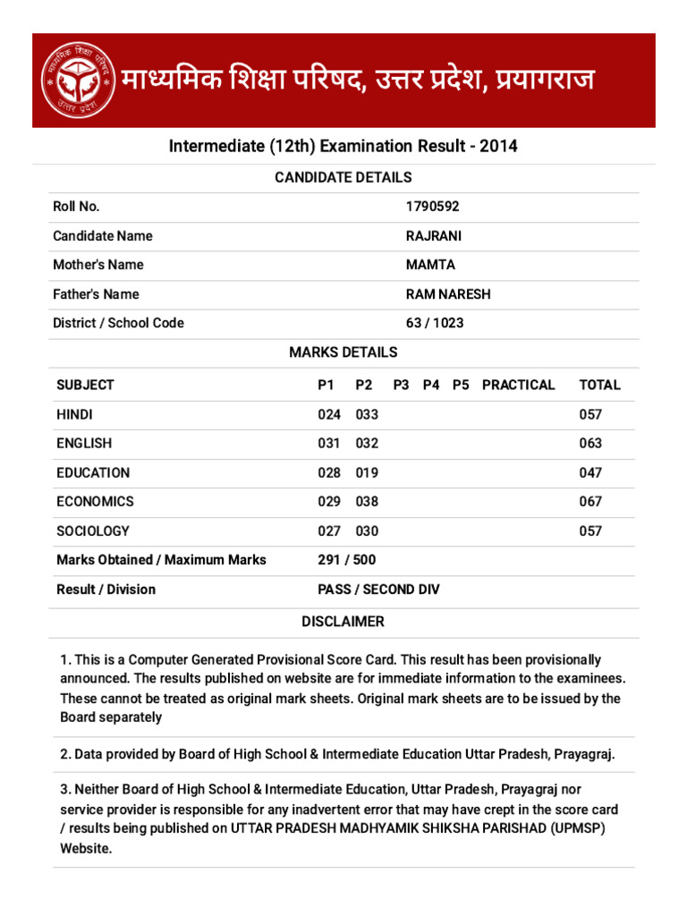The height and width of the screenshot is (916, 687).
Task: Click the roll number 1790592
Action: [432, 207]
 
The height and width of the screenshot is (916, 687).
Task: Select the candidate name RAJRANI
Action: [434, 236]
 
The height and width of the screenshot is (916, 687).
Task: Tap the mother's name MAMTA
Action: [430, 265]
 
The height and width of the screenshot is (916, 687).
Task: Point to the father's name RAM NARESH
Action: [448, 294]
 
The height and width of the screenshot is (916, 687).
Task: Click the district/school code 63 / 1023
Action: [435, 323]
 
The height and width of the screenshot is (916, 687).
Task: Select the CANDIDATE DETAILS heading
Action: [343, 177]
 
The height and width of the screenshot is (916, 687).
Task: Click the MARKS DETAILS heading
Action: [343, 352]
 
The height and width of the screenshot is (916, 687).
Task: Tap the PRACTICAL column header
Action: [518, 385]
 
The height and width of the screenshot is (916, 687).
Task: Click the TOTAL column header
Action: [599, 385]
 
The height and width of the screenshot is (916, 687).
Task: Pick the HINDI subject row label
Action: [74, 414]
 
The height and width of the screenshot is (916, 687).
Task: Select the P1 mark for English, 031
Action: [329, 443]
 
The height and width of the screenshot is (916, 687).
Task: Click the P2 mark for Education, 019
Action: [367, 472]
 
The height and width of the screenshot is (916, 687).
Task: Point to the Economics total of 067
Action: [590, 502]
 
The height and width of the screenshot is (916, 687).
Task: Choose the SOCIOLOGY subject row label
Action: [92, 530]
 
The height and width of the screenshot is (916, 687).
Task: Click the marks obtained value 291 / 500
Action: [347, 560]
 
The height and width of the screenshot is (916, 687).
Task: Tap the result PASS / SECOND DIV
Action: [378, 589]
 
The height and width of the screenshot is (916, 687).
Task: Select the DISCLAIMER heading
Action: [343, 621]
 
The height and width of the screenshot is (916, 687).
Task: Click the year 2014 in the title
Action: [498, 146]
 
